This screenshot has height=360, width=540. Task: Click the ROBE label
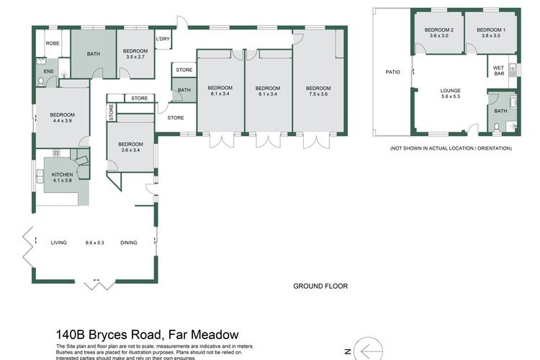pos(53,43)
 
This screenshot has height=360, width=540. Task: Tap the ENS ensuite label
pos(49,72)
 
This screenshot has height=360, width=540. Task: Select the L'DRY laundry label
pos(163,40)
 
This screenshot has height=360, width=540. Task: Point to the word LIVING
pos(58,243)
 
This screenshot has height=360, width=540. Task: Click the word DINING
pos(129,243)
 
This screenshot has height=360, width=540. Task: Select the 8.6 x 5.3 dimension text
pos(94,243)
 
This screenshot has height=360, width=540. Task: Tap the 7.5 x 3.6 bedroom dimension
pos(318,94)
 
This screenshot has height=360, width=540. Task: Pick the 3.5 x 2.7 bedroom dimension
pos(135,56)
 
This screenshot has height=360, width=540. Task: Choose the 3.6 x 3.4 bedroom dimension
pos(131,150)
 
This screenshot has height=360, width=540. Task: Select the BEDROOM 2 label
pos(438,29)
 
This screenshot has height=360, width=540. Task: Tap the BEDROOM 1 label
pos(490,29)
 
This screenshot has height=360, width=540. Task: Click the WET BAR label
pos(498,71)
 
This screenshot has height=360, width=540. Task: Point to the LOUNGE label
pos(450,91)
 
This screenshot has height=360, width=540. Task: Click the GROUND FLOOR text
pos(320,286)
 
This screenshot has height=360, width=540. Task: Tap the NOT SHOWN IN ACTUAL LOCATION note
pos(451,148)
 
